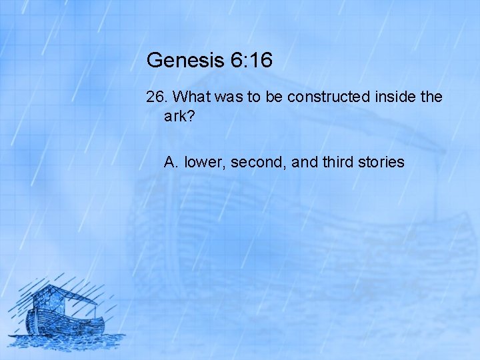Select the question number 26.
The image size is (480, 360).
click(x=157, y=97)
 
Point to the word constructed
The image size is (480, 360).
click(x=328, y=97)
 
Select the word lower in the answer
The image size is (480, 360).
click(x=205, y=162)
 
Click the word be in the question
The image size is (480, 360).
click(x=273, y=97)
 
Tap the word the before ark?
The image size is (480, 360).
click(x=431, y=97)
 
